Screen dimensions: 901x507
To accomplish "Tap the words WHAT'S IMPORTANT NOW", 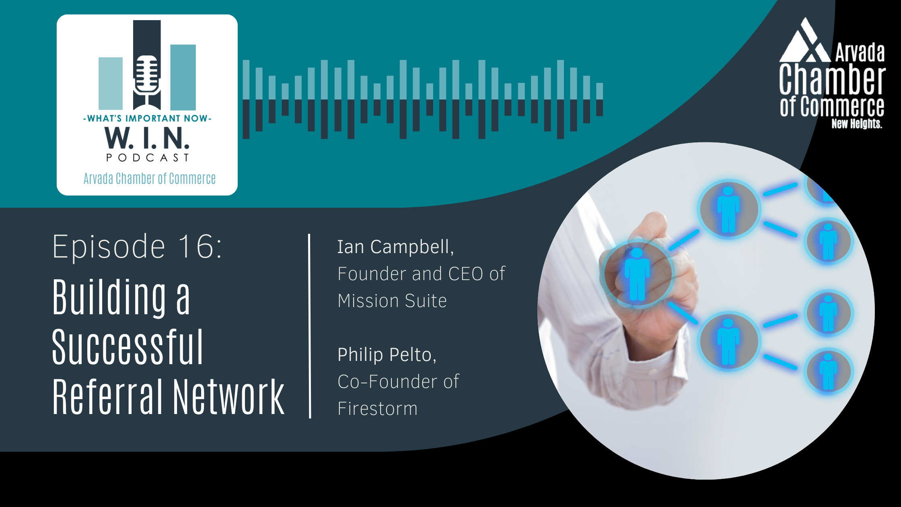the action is pos(147,118).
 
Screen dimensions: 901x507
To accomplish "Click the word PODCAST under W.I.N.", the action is pos(147,157).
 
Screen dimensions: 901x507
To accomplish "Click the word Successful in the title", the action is pos(128,347).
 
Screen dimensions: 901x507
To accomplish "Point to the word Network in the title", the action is pos(229,397).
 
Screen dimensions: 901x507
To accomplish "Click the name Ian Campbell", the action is pos(395,247).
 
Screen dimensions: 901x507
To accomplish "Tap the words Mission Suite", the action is pos(392,301).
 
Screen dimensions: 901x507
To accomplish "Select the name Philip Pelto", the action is pos(387,355).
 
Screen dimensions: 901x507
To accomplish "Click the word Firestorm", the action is pos(378,408).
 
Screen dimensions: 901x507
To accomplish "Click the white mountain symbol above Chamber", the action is pos(805,40).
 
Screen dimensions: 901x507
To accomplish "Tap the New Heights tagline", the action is pos(857,124).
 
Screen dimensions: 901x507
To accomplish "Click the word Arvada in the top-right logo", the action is pos(860,53).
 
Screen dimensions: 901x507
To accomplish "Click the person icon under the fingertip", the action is pos(637,274).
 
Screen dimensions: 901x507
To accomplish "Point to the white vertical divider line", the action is pos(309,326).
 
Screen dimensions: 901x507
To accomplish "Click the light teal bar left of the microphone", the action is pos(111,83).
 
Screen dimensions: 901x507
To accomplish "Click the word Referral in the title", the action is pos(107,397).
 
